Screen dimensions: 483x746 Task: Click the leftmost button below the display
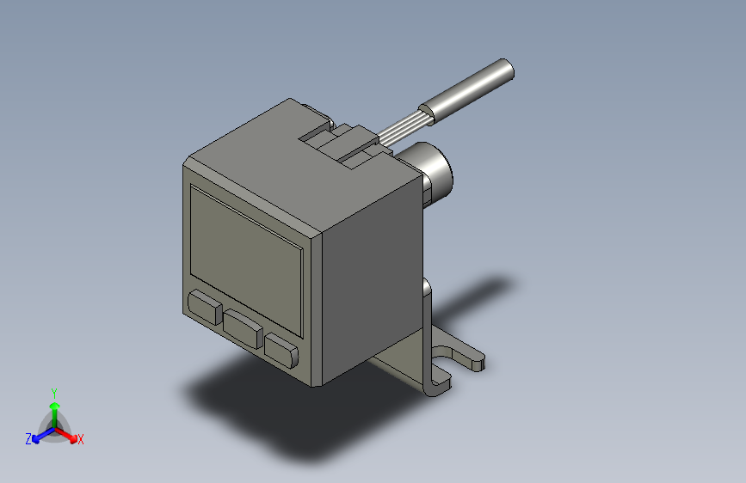click(205, 307)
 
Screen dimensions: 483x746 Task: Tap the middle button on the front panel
click(244, 328)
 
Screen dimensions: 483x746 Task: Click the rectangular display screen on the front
click(246, 259)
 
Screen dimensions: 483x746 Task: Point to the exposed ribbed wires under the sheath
click(403, 127)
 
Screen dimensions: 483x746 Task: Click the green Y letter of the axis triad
click(53, 391)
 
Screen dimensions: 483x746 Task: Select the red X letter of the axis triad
click(80, 440)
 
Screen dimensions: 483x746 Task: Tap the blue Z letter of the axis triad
click(28, 439)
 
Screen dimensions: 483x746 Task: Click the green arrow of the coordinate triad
click(53, 408)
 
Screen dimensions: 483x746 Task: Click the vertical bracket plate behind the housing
click(428, 335)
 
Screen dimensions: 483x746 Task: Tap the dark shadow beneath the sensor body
click(258, 404)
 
